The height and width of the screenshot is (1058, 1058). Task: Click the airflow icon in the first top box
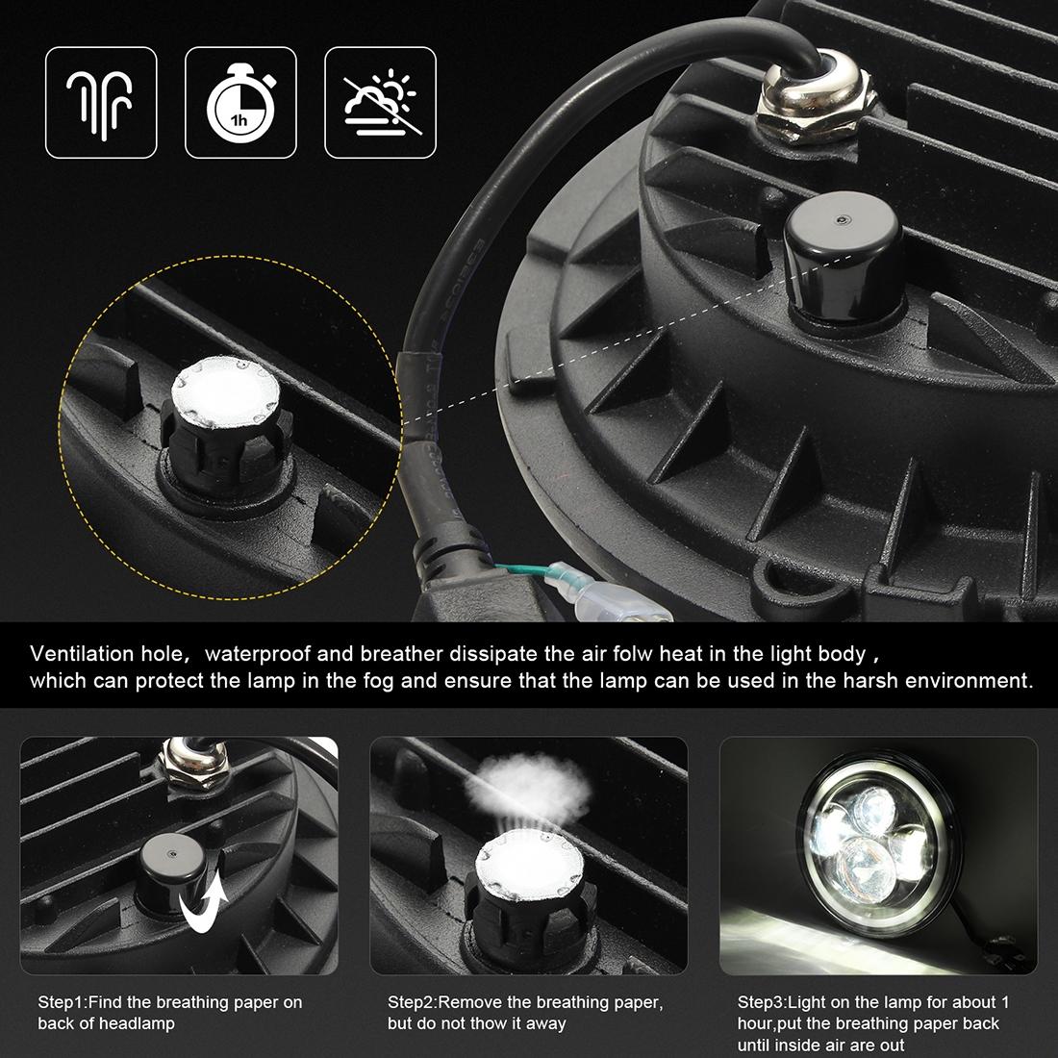click(x=101, y=102)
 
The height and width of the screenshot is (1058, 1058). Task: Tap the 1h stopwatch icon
click(x=240, y=103)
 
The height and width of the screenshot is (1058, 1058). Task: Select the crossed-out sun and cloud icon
click(x=380, y=103)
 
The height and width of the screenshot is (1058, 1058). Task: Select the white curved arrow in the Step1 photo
click(x=204, y=903)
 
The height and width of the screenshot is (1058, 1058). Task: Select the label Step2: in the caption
click(x=412, y=1002)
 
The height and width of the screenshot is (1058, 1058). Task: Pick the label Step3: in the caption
click(x=763, y=1002)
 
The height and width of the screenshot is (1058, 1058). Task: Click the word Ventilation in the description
click(x=81, y=655)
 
